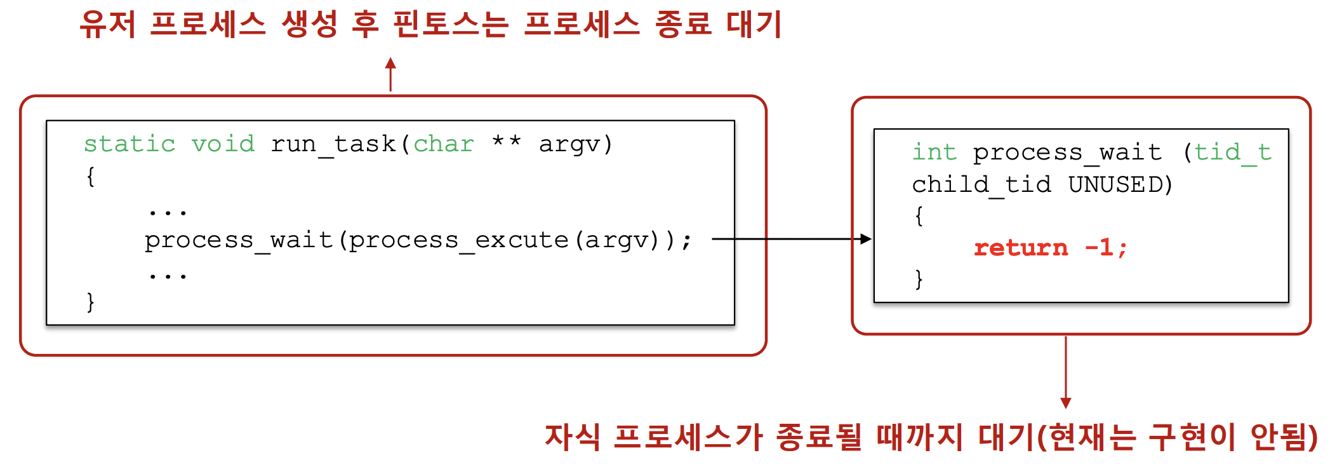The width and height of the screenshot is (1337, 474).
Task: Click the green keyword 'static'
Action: click(x=130, y=144)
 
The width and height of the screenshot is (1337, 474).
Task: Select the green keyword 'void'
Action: click(x=223, y=144)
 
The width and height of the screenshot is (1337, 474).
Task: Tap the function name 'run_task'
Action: click(x=333, y=144)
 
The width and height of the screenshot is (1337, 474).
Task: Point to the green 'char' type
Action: click(x=444, y=144)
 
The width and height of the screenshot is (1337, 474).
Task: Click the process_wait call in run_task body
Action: click(x=239, y=240)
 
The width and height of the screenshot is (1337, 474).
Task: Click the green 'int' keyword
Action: click(x=934, y=152)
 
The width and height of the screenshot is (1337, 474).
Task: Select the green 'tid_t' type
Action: click(x=1233, y=152)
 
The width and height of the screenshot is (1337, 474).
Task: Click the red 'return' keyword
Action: click(x=1021, y=248)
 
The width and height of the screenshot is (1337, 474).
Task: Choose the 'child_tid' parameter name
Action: click(x=981, y=185)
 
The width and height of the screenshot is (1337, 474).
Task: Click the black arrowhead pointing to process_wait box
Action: click(x=866, y=239)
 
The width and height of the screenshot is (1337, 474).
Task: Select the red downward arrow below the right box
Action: click(x=1066, y=403)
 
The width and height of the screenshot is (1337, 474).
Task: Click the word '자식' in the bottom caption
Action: click(x=572, y=437)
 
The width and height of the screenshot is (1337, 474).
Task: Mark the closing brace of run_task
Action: click(x=91, y=302)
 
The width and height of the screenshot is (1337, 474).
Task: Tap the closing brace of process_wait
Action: click(x=919, y=280)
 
